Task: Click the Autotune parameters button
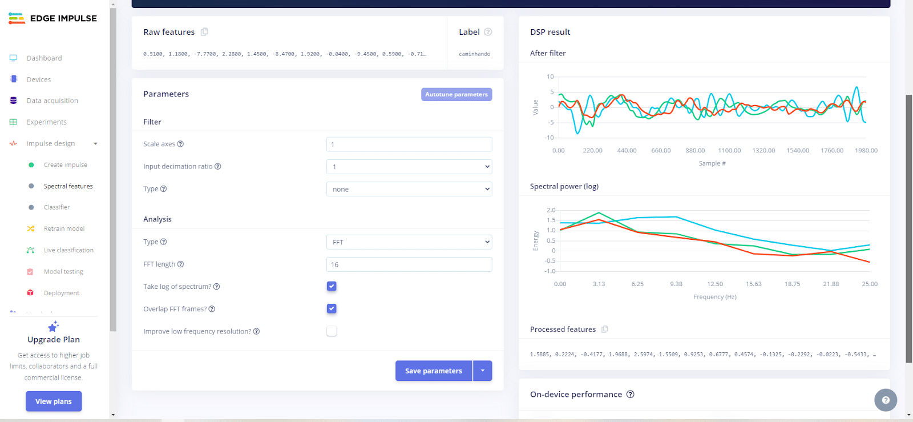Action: (457, 94)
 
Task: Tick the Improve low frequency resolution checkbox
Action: (332, 331)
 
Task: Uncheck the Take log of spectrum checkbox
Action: (332, 286)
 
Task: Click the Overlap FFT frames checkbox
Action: (332, 308)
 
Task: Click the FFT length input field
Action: (409, 264)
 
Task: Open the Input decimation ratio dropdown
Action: (409, 167)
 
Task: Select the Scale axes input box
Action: (409, 144)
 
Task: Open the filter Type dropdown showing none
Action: (409, 189)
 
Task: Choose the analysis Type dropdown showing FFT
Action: (409, 242)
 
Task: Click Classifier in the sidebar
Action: (57, 207)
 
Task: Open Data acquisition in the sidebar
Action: (52, 101)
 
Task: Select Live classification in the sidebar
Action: (68, 250)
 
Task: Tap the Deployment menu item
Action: (62, 293)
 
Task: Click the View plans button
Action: (54, 401)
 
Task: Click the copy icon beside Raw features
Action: (204, 32)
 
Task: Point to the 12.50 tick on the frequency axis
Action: (715, 284)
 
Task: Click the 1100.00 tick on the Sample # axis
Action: (729, 151)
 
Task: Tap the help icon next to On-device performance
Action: (631, 394)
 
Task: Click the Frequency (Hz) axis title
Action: (715, 297)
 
